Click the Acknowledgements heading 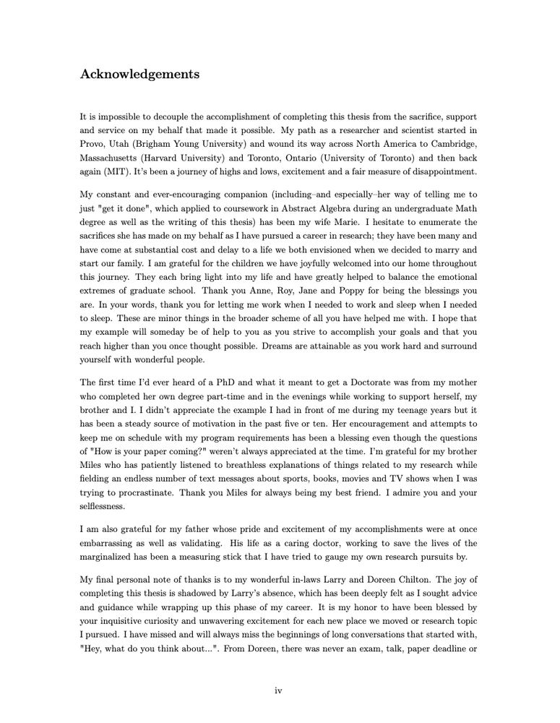139,74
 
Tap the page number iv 278,691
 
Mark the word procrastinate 124,492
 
